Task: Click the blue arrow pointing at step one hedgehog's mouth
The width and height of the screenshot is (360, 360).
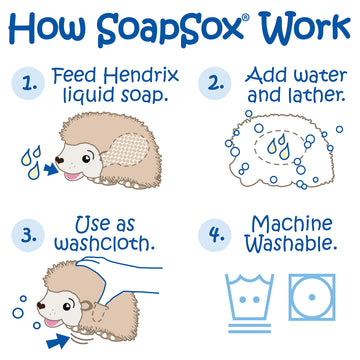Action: (x=48, y=180)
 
